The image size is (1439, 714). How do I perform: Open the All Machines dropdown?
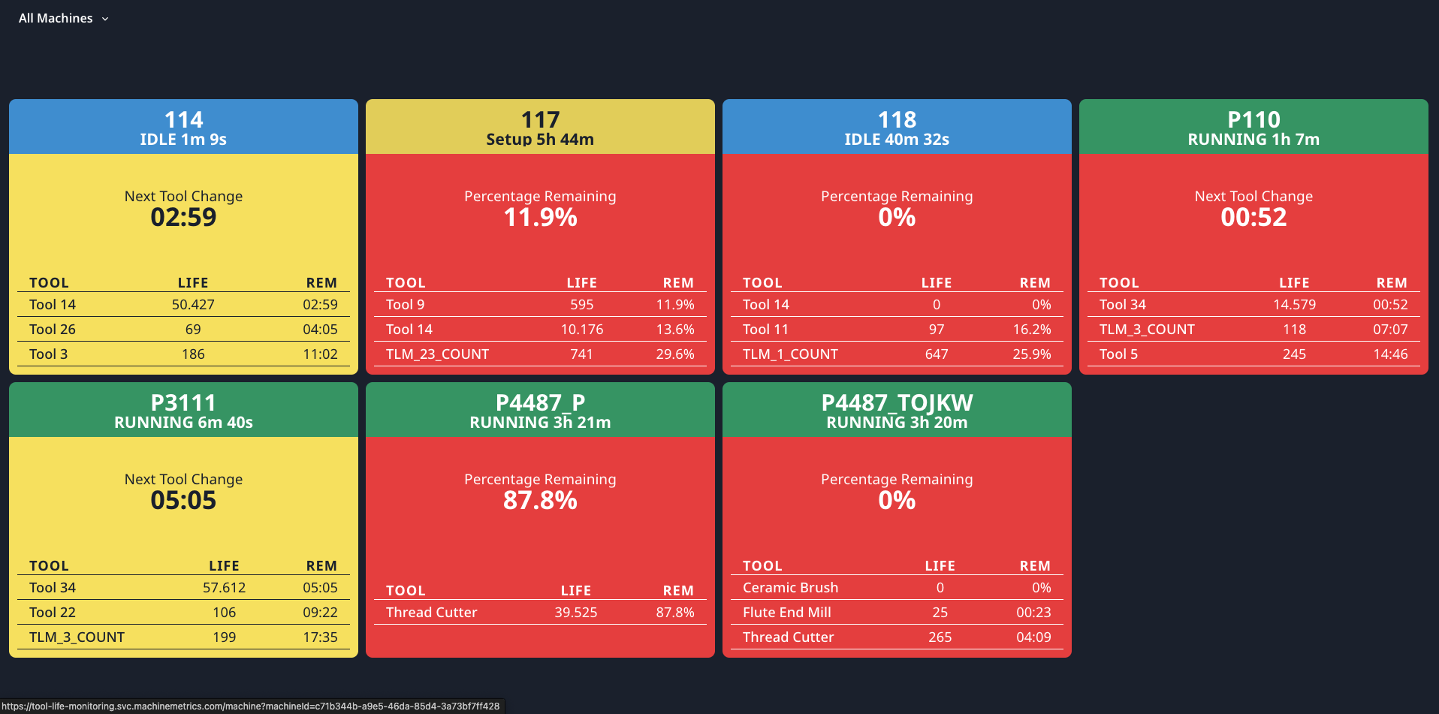coord(64,18)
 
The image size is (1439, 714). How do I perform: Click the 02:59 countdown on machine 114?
coord(183,218)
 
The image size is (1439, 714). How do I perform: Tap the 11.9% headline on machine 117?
coord(540,218)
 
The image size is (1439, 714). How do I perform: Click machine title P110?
coord(1253,119)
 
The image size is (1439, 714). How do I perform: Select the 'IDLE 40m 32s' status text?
coord(897,140)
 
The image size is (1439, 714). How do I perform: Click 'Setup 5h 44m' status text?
coord(540,140)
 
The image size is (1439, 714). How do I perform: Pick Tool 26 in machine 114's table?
coord(53,330)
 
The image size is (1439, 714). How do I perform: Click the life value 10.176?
coord(581,330)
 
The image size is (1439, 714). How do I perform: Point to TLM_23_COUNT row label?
coord(437,354)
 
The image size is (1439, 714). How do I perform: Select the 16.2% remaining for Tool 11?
coord(1031,330)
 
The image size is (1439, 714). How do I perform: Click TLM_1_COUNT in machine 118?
coord(790,354)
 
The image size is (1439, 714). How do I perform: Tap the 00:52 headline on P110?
coord(1253,218)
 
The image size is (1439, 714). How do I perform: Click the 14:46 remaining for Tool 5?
coord(1389,354)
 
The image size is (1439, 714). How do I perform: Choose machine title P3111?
coord(183,402)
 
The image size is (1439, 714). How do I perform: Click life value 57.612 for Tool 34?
coord(224,588)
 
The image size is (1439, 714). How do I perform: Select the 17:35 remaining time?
coord(320,637)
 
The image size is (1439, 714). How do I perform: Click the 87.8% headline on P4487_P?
coord(540,501)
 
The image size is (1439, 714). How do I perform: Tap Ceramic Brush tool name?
coord(790,588)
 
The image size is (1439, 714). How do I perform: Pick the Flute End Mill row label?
coord(786,613)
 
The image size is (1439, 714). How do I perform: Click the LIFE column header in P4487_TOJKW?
coord(940,566)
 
